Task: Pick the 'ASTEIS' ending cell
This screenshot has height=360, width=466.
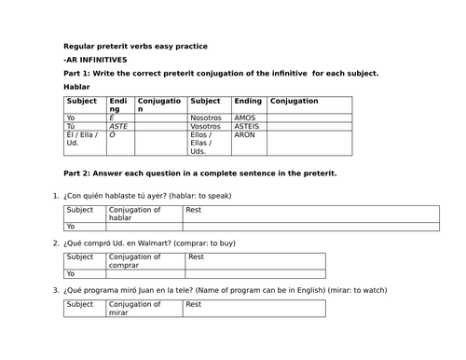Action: point(248,126)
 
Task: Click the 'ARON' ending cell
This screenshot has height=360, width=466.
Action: point(245,134)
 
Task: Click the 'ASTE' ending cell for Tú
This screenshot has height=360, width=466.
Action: point(119,126)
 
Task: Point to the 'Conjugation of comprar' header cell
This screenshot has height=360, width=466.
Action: point(135,260)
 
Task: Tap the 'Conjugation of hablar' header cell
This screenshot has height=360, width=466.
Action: point(135,214)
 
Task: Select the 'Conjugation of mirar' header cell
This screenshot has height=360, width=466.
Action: point(135,308)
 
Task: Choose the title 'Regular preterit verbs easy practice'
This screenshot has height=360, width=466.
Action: point(135,46)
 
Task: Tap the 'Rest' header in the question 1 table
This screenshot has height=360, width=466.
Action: point(194,210)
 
